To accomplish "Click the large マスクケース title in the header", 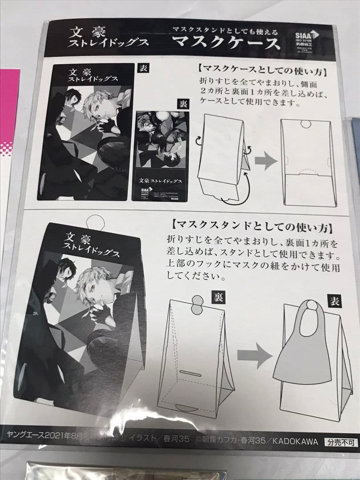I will coord(226,44).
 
